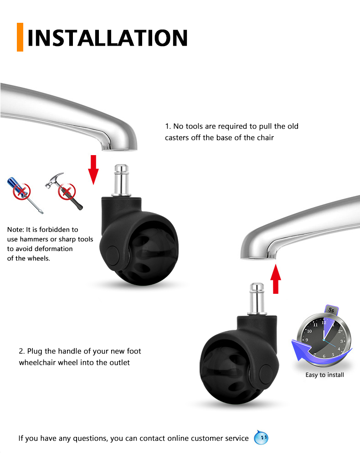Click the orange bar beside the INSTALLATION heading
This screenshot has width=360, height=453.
[x=20, y=37]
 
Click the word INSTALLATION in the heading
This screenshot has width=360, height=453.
[x=108, y=38]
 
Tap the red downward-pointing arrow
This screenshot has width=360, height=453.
[x=93, y=170]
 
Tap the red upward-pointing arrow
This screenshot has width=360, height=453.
[x=276, y=279]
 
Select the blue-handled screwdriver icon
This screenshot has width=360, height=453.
[x=25, y=195]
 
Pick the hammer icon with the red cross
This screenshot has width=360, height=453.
[x=64, y=191]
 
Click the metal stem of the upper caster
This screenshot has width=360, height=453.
[x=121, y=180]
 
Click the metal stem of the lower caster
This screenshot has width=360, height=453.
[x=257, y=299]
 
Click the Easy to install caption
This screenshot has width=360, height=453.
[x=325, y=375]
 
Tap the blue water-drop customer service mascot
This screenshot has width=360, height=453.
[x=261, y=437]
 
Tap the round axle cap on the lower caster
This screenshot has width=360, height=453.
[x=266, y=374]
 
